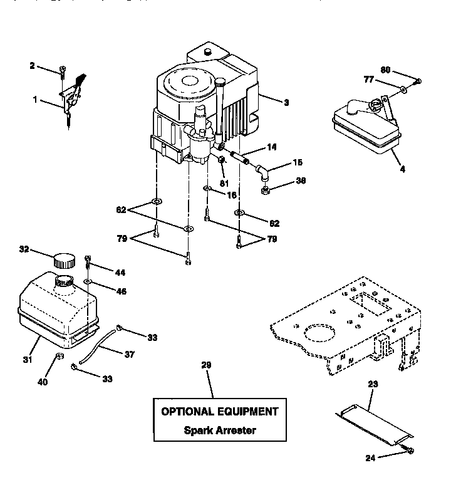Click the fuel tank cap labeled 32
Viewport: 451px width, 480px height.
pos(63,259)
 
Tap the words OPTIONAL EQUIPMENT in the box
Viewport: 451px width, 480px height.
pos(219,412)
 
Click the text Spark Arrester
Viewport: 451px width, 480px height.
pos(219,430)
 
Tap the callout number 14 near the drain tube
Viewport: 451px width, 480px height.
pos(271,147)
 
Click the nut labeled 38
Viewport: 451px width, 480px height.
pos(266,187)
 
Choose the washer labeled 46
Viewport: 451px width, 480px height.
pos(89,283)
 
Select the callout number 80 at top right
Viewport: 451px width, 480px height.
pos(386,70)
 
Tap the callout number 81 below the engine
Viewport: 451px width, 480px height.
pos(224,184)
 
